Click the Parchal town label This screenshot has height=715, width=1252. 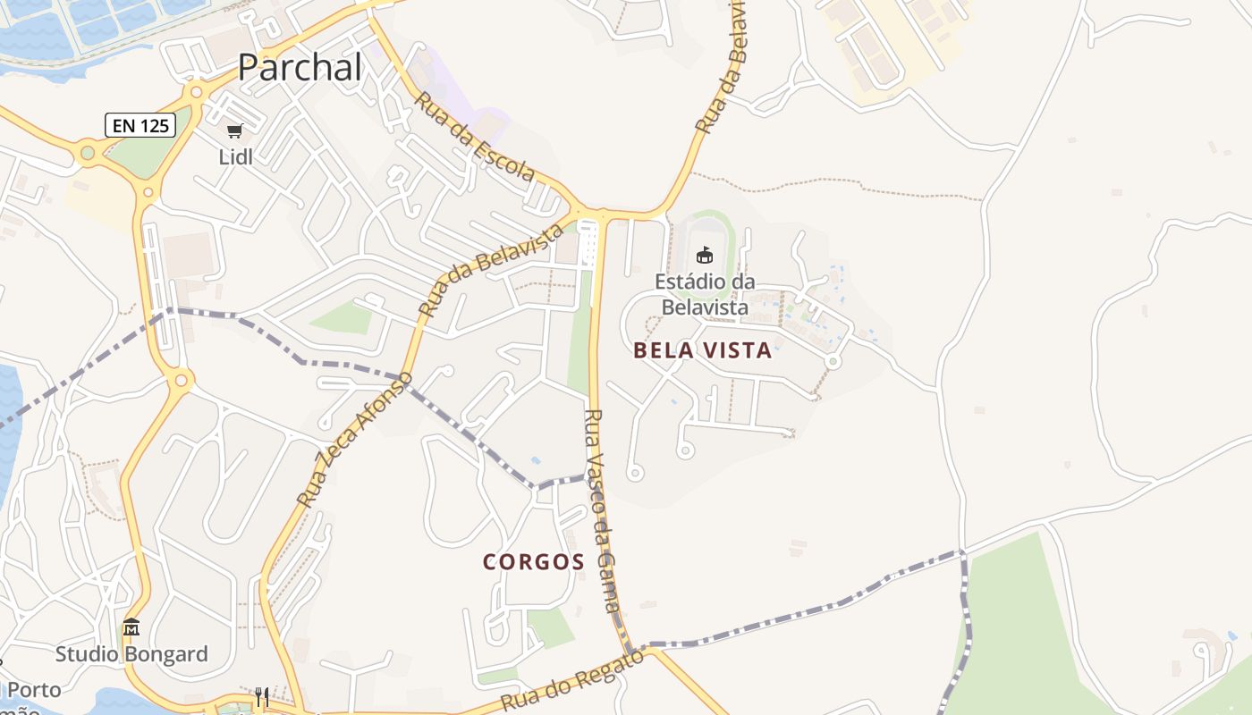[x=300, y=67]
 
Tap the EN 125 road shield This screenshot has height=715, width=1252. [x=140, y=125]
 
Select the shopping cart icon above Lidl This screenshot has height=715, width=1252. [x=235, y=131]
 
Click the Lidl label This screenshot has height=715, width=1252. [x=236, y=157]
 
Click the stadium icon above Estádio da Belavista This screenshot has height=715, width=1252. [x=705, y=255]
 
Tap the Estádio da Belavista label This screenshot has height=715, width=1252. [x=704, y=294]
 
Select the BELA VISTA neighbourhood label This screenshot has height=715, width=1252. [x=702, y=350]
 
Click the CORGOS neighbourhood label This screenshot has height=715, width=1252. [x=534, y=562]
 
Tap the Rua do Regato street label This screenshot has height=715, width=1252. [x=572, y=681]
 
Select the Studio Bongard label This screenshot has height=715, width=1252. [x=131, y=654]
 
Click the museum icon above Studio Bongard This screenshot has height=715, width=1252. [x=131, y=627]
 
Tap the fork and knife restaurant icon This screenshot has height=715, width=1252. [x=262, y=697]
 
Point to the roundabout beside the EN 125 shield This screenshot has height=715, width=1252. [x=88, y=153]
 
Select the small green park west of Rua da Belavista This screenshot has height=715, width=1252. [x=343, y=317]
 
